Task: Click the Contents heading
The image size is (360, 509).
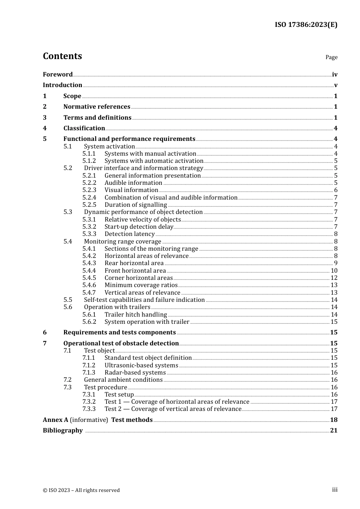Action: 62,56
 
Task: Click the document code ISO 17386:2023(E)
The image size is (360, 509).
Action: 306,25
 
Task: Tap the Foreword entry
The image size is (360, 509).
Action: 58,75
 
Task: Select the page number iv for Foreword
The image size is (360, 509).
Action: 334,75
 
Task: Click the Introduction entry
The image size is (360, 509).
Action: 63,85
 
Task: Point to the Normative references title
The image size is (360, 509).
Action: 97,107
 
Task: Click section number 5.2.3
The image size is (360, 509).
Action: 89,190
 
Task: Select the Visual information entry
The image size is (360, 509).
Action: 131,190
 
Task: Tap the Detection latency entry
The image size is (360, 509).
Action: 130,234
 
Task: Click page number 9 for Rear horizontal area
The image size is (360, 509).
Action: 335,263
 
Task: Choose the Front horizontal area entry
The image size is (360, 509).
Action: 135,271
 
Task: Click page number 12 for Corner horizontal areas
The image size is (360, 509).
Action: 334,278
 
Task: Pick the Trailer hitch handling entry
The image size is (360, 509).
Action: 136,315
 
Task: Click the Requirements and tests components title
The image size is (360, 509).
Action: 119,333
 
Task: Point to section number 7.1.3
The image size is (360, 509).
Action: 89,373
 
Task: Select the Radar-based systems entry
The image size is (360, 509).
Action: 135,373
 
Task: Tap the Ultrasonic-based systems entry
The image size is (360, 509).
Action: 141,365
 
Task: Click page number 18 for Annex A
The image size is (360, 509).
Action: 333,420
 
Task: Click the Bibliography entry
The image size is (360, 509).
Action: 63,431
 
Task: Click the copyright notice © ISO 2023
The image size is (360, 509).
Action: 81,490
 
